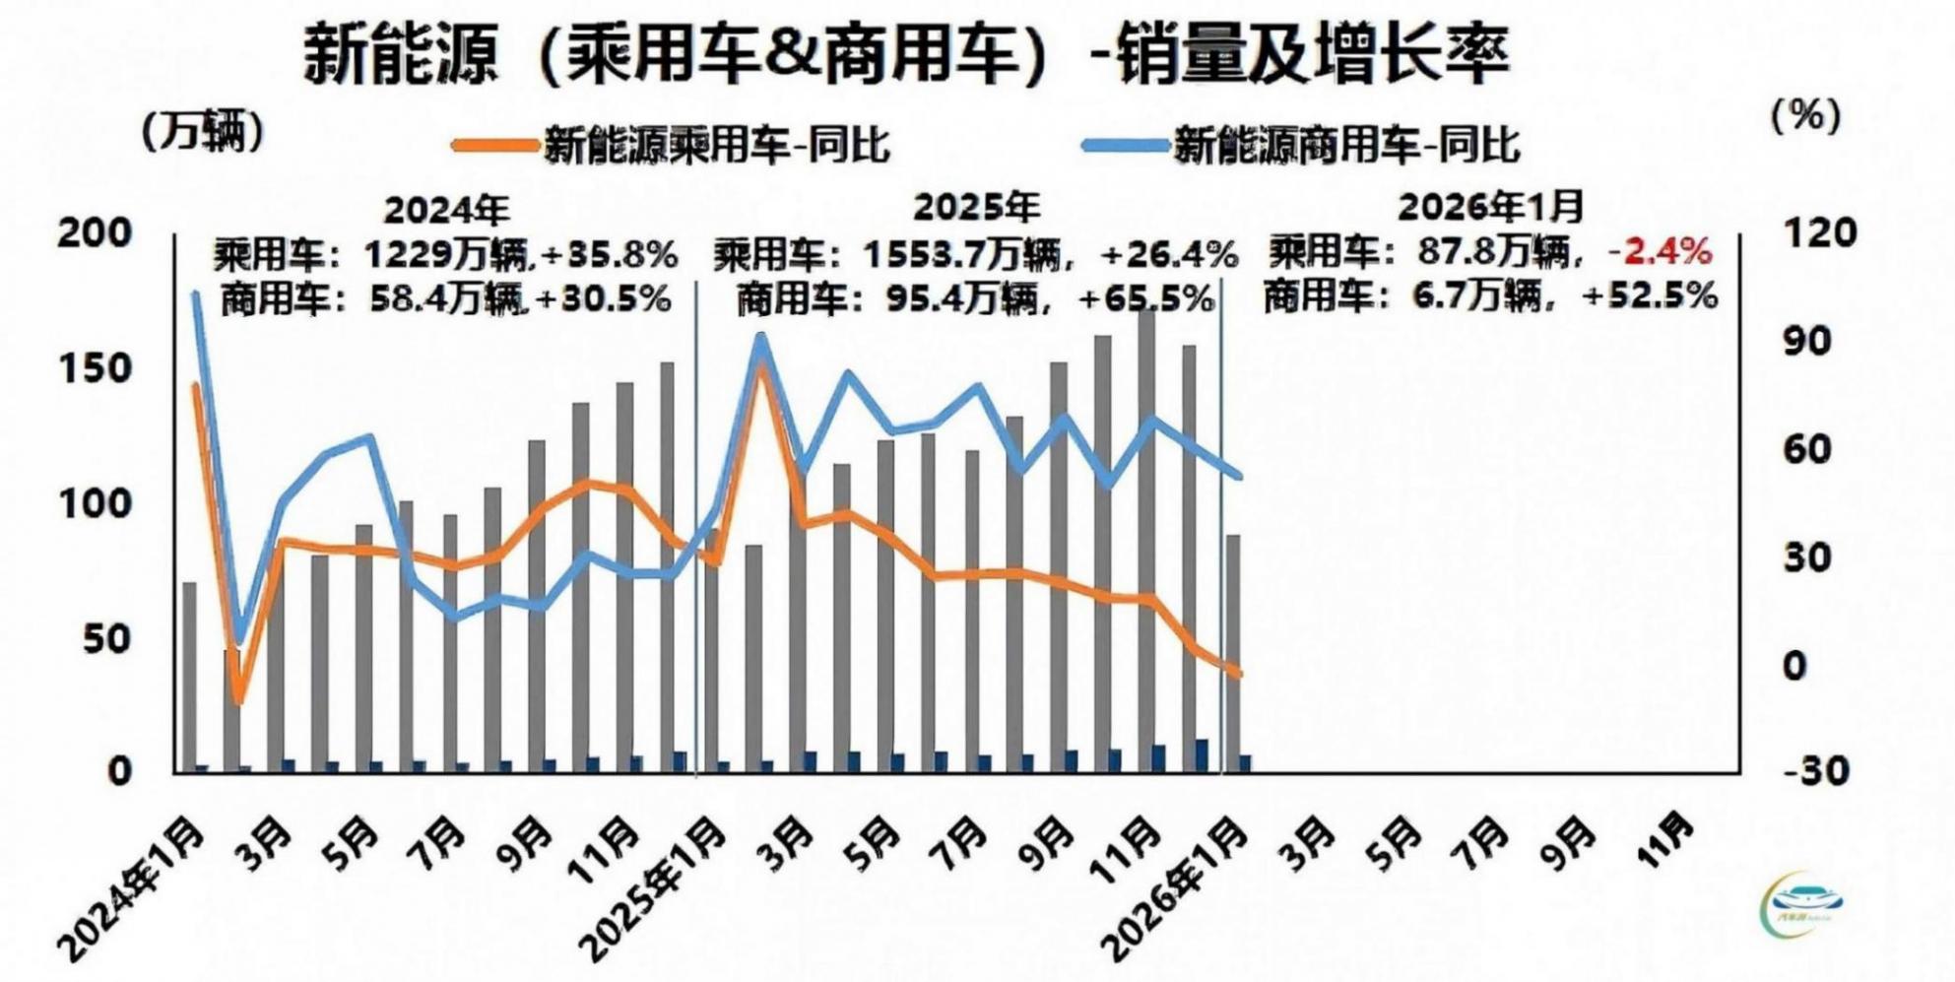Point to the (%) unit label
[1805, 116]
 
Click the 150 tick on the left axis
[95, 369]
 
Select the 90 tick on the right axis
[1807, 342]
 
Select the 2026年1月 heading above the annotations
[1489, 208]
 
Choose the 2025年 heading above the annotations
[976, 208]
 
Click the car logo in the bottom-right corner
[1805, 901]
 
